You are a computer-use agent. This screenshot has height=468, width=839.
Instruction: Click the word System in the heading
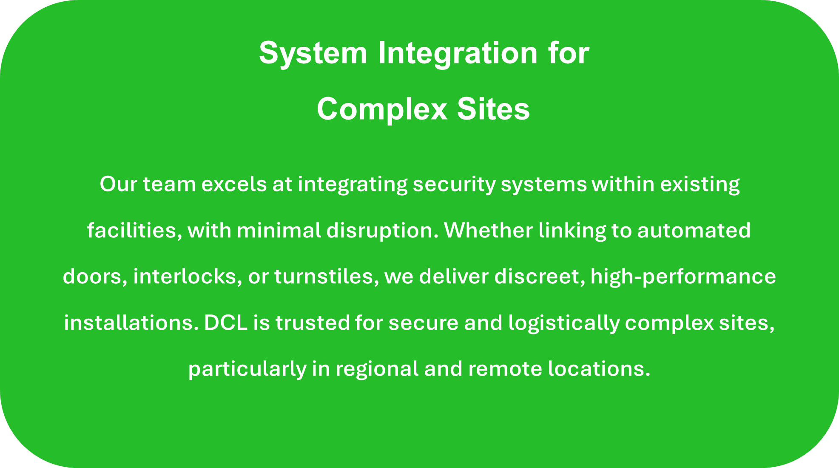pos(313,54)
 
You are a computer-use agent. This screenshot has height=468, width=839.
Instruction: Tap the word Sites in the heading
pos(493,109)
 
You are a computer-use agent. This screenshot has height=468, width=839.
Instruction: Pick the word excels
pos(234,184)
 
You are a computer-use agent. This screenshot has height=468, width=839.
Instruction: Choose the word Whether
pos(489,230)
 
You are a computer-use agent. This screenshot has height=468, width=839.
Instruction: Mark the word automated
pos(694,231)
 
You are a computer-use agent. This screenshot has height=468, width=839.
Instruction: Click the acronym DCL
pos(226,322)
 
